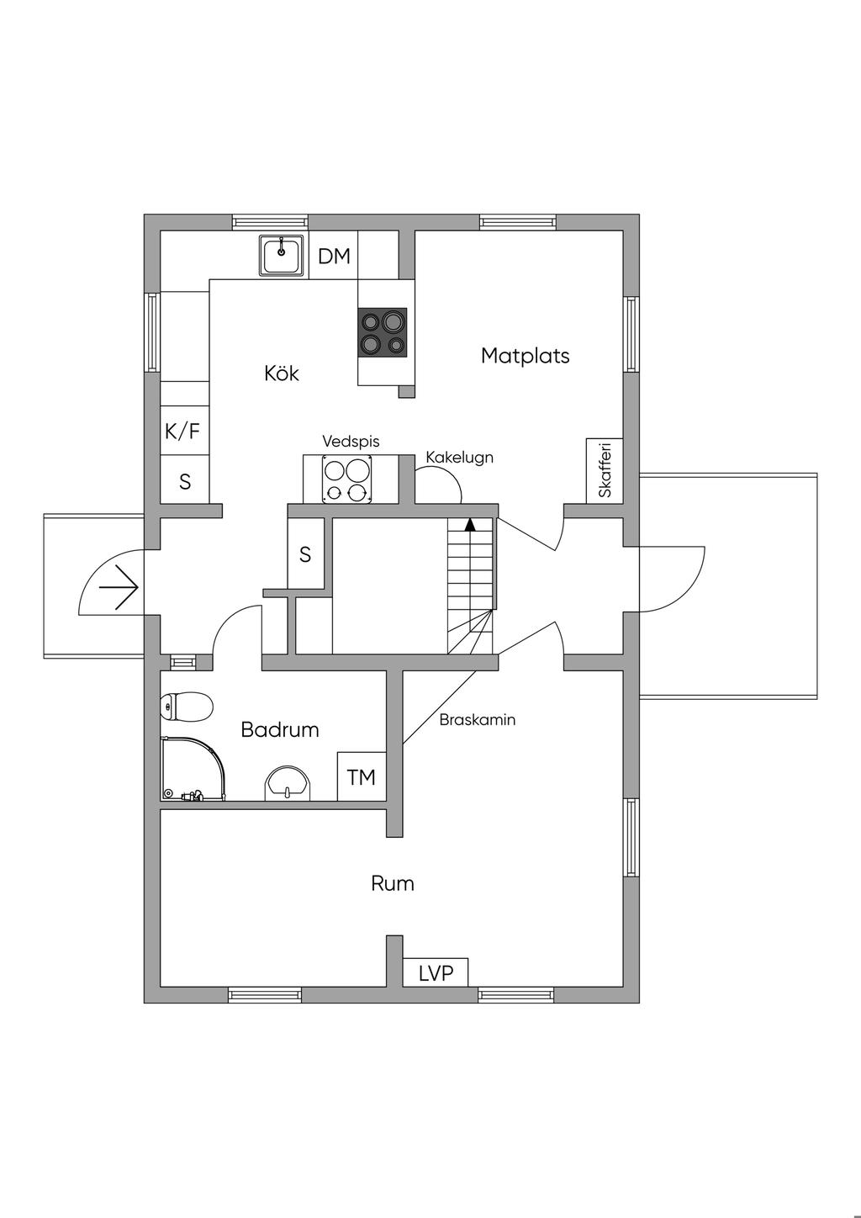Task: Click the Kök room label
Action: (x=282, y=373)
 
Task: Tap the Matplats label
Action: (x=525, y=356)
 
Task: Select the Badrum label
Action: (x=279, y=729)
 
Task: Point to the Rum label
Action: (x=393, y=883)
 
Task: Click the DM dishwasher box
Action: (x=333, y=255)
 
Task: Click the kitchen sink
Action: (x=281, y=256)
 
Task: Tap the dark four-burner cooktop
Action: (x=382, y=332)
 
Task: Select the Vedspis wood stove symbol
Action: (x=346, y=479)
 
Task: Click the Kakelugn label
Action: (x=459, y=457)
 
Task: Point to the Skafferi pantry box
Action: (x=604, y=470)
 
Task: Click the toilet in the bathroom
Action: (x=187, y=707)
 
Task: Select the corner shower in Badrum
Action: (x=193, y=768)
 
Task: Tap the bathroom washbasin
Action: (x=288, y=783)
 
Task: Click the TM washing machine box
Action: (x=362, y=776)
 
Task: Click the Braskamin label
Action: (x=478, y=720)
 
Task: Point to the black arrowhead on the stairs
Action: (x=470, y=524)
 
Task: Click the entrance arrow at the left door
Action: (x=119, y=588)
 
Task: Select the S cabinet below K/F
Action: (x=185, y=479)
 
